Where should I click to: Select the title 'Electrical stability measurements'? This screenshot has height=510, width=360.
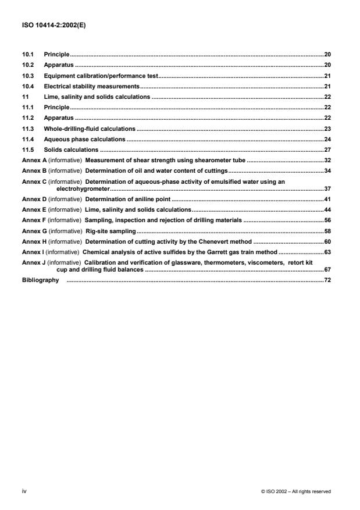coord(90,86)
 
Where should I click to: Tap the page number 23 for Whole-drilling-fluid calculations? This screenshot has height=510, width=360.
coord(327,129)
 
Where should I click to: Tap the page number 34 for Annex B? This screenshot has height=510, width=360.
coord(327,171)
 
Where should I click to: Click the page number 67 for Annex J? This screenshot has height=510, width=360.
coord(327,270)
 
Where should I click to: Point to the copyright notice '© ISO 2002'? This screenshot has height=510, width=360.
coord(278,491)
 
